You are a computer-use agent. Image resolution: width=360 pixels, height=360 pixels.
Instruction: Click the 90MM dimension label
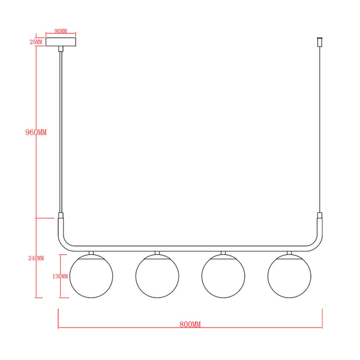click(x=61, y=31)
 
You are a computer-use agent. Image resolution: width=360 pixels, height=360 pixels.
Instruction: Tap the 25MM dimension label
click(x=36, y=42)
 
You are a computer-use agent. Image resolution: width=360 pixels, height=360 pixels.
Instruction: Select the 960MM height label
click(x=36, y=132)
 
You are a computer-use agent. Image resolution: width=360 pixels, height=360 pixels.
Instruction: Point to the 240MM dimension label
click(x=36, y=258)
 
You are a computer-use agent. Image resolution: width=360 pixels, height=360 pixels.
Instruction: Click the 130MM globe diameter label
click(x=60, y=277)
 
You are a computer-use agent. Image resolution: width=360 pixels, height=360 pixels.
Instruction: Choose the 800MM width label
click(x=190, y=325)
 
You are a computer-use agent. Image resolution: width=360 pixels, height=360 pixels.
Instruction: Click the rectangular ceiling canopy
click(x=61, y=42)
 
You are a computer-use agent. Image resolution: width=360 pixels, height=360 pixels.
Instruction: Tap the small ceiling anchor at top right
click(x=319, y=42)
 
